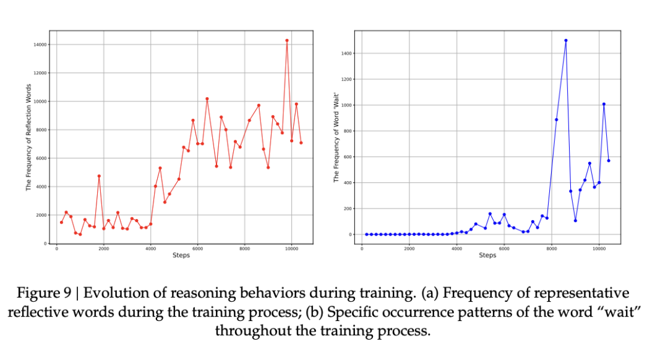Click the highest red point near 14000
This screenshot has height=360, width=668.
click(287, 40)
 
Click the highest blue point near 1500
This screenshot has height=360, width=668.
click(566, 40)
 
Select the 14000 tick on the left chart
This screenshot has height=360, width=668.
click(41, 45)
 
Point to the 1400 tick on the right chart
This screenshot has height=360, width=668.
click(347, 54)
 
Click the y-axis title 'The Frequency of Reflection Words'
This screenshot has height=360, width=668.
click(28, 137)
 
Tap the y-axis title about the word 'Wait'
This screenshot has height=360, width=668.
click(336, 137)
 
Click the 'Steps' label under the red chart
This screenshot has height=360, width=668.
click(181, 255)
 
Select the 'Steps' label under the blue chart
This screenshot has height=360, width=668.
click(487, 255)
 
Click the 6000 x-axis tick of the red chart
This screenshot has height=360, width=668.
click(198, 248)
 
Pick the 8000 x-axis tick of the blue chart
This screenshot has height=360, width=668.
click(552, 248)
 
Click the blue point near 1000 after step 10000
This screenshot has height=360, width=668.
click(604, 104)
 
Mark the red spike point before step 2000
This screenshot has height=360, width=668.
click(99, 176)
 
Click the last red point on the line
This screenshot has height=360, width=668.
click(301, 142)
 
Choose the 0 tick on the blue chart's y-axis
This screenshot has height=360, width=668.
click(351, 234)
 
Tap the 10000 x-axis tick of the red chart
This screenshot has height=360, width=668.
click(292, 248)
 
